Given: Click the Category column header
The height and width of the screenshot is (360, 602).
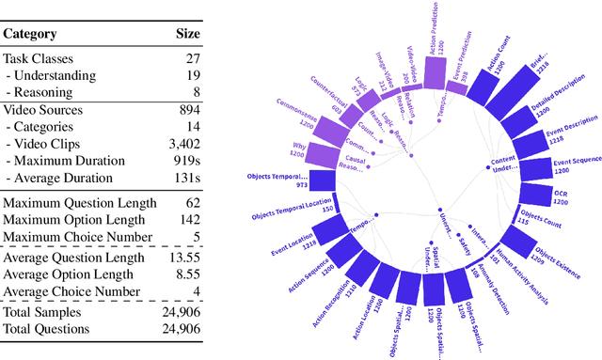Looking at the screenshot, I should coord(30,34).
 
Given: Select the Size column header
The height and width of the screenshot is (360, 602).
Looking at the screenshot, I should coord(188,34).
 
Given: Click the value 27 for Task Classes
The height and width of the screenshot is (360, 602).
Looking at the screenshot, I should coord(192,58).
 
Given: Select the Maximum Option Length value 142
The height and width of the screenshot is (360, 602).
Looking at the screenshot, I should coord(189,220).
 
